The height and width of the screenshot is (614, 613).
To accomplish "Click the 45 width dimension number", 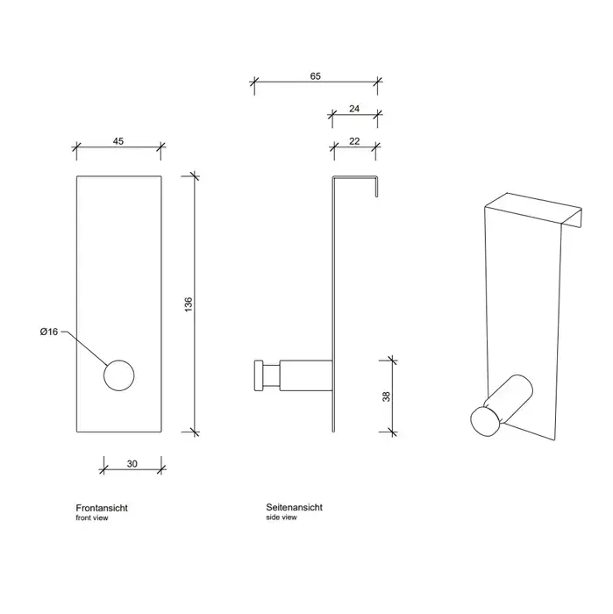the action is [118, 141].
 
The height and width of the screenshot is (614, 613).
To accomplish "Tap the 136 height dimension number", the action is [189, 304].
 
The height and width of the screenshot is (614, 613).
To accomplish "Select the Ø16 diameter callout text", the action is [49, 332].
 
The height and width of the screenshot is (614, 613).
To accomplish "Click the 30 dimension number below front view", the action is [132, 464].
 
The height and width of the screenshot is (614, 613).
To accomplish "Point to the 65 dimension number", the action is [315, 76].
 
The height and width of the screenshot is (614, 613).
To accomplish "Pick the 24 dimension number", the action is [354, 109].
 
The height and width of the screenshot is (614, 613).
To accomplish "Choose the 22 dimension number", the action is [354, 141].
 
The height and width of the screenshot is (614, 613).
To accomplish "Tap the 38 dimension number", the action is [387, 396].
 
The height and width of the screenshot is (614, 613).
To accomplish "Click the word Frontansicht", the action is [102, 508].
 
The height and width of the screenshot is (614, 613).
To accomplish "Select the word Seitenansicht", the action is [295, 507].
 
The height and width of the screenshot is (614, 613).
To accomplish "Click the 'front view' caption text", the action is [92, 518].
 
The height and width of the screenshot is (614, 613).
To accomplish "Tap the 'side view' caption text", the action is [282, 517].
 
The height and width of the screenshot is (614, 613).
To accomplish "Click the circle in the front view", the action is [119, 375].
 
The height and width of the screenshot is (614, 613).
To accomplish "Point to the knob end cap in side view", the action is [259, 375].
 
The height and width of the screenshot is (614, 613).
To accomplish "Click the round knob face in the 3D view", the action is [485, 422].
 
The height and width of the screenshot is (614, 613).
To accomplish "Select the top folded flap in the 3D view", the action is [533, 209].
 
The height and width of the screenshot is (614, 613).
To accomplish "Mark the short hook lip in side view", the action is [376, 186].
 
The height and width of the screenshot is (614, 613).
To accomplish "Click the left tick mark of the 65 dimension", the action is [254, 82].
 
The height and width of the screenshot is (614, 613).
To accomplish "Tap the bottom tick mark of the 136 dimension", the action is [195, 432].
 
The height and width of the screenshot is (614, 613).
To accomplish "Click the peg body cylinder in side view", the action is [306, 375].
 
